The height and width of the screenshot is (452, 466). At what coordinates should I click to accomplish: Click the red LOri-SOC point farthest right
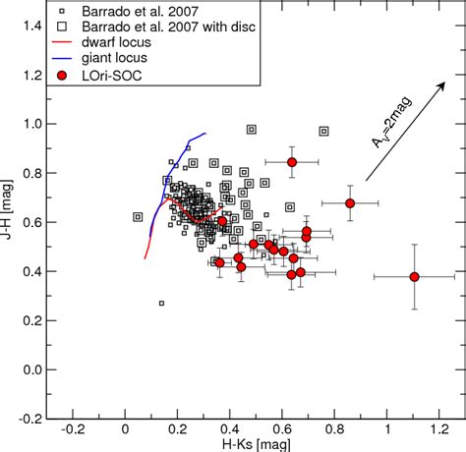414,277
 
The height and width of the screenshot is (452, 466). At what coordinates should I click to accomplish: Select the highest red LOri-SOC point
292,162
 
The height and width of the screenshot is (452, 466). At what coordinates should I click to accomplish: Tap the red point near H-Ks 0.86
350,203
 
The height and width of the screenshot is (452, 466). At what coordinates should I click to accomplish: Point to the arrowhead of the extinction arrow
447,83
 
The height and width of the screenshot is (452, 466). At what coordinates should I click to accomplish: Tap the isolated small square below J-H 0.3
162,304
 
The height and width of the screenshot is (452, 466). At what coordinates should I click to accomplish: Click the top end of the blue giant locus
205,134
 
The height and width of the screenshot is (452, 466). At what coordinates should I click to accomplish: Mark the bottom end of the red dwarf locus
145,257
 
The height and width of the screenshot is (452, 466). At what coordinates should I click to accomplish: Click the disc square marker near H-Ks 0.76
323,131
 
